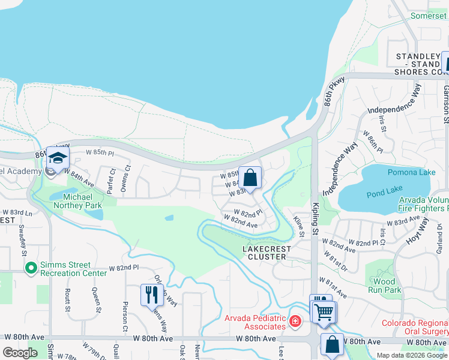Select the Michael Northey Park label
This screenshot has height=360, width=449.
(77, 201)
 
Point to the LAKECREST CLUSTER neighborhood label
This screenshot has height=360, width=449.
(267, 253)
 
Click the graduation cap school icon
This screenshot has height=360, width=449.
(58, 157)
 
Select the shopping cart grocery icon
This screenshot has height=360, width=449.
(324, 311)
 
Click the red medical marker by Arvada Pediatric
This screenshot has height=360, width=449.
(295, 322)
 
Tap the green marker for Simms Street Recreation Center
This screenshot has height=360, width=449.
(31, 268)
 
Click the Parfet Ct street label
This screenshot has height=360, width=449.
(110, 180)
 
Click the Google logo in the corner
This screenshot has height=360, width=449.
(20, 353)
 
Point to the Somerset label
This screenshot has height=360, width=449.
(429, 16)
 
